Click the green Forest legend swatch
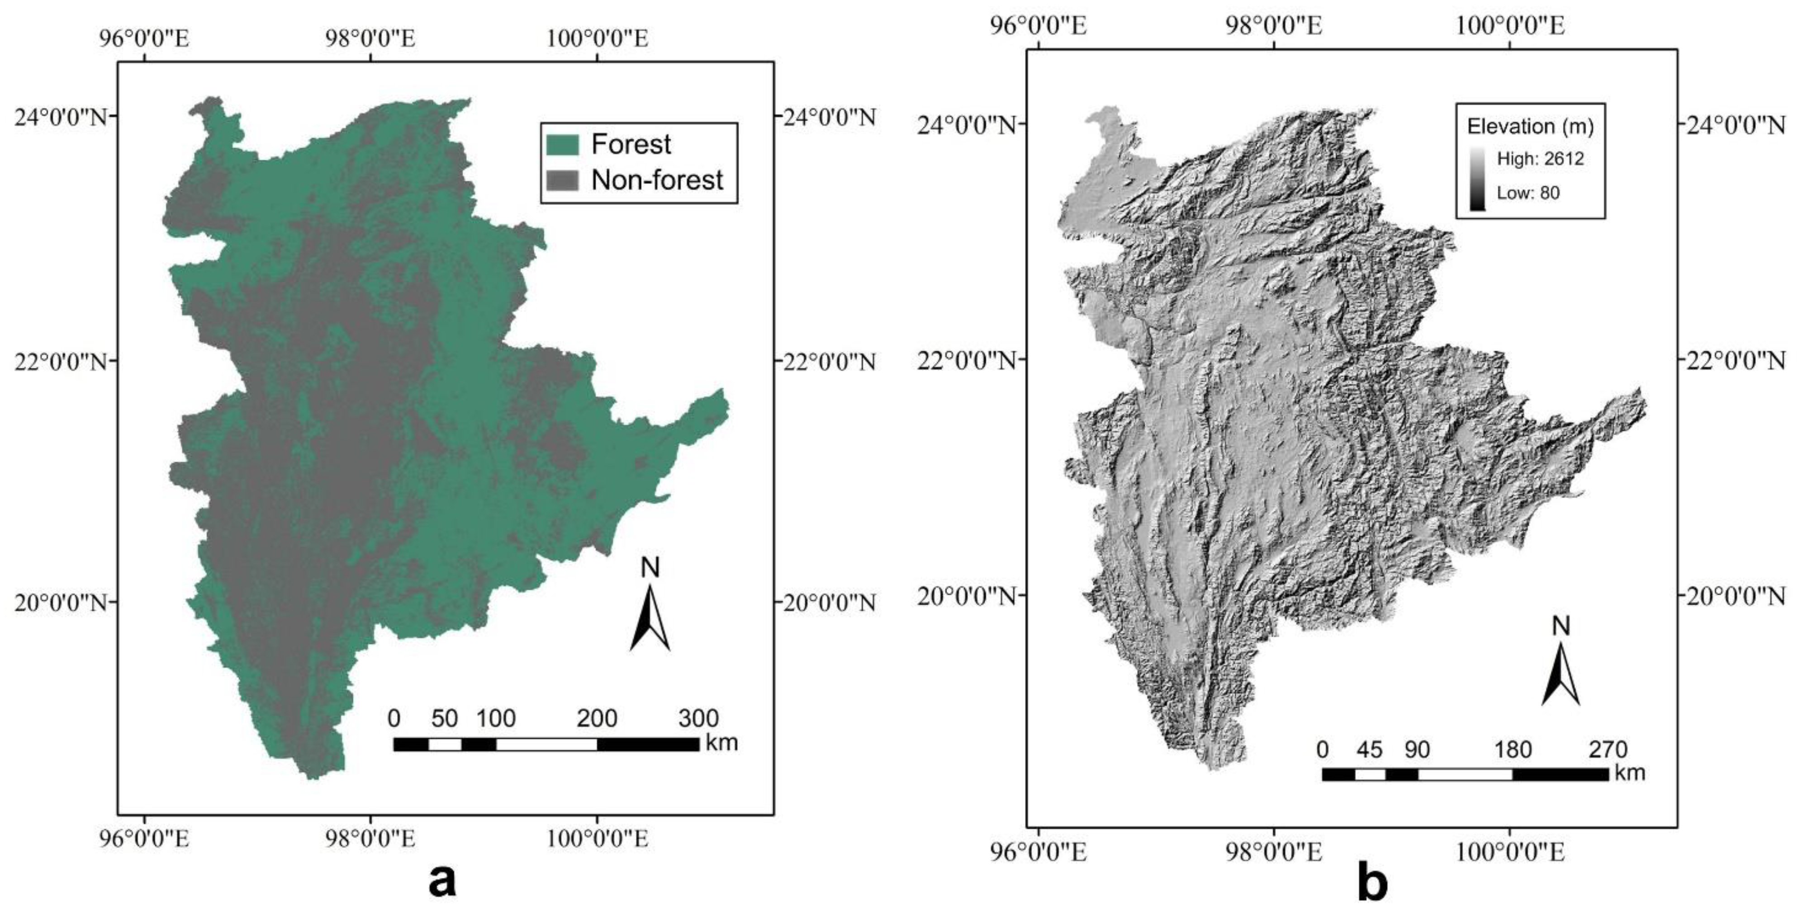[x=563, y=145]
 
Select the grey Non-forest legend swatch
[x=563, y=180]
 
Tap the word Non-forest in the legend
[x=657, y=180]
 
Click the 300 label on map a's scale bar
[x=698, y=718]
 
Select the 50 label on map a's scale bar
[x=444, y=718]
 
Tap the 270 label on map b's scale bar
[x=1608, y=749]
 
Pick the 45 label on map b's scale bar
[x=1369, y=749]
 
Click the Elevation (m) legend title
[x=1530, y=126]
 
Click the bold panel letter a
[x=442, y=881]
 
